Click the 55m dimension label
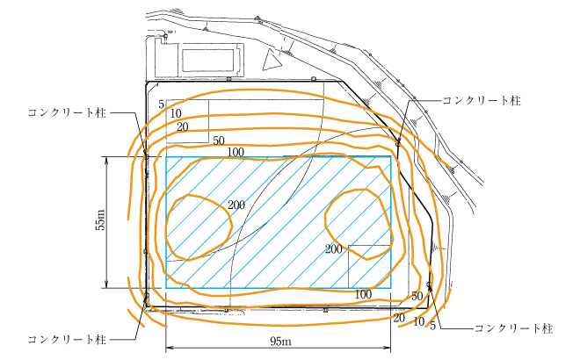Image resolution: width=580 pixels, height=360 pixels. pos(100,220)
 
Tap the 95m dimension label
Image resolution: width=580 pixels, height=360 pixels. pos(280,341)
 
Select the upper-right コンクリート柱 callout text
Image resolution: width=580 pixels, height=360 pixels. pos(482,100)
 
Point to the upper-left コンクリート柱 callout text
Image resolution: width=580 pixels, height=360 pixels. pos(67,112)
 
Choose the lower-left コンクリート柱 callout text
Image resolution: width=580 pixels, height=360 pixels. pos(67,339)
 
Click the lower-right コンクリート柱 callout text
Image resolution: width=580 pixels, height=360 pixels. pos(513,328)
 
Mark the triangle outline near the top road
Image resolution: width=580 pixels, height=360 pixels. pos(271,59)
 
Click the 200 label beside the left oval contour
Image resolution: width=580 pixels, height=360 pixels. pos(236,205)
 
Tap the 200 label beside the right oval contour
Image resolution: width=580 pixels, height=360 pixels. pos(334,249)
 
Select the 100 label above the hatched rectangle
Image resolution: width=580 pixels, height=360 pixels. pos(236,152)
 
